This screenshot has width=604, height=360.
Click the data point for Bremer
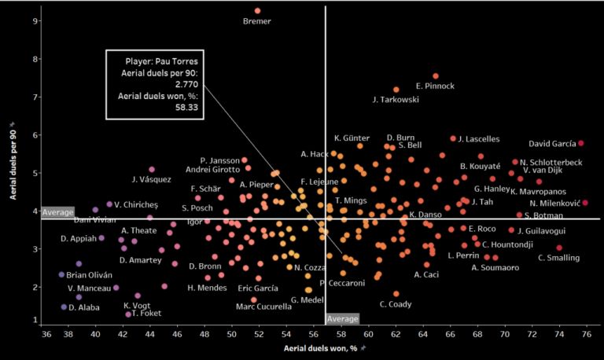(x=257, y=11)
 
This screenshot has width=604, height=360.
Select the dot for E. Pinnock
(x=436, y=76)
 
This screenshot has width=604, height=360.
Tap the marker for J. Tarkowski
(x=396, y=90)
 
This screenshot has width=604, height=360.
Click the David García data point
(x=581, y=143)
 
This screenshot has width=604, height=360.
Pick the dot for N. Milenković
(x=585, y=203)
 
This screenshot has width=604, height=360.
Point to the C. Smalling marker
(x=559, y=248)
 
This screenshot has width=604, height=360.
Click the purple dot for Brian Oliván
(x=61, y=274)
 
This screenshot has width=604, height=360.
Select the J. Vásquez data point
(x=152, y=170)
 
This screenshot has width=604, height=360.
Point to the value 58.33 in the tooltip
(x=183, y=109)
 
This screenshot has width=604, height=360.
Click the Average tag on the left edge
(x=57, y=213)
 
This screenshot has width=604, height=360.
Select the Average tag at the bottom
(x=342, y=319)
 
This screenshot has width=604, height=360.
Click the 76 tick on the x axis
(x=586, y=333)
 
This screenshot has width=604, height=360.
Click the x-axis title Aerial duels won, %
(x=321, y=347)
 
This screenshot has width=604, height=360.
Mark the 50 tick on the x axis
(x=231, y=333)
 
